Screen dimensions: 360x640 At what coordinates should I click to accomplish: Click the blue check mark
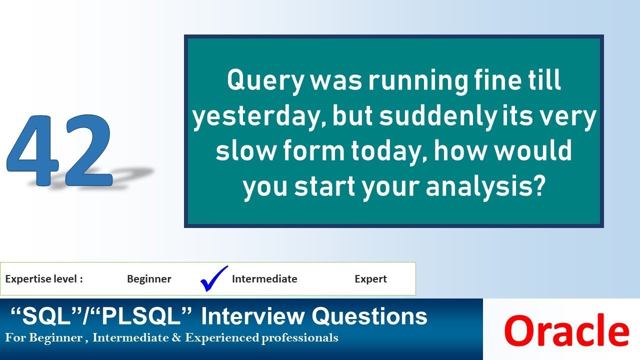point(213,278)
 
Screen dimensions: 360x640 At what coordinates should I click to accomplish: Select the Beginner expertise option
point(149,279)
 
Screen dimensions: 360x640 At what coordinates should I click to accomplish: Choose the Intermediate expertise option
point(264,279)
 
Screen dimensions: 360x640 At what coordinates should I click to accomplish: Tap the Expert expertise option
point(370,279)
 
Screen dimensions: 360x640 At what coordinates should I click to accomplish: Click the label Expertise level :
point(44,279)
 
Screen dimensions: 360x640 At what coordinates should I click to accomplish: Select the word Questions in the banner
point(369,316)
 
